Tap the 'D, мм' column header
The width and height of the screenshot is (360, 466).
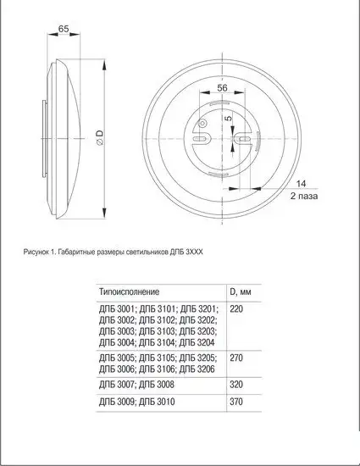(241, 291)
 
